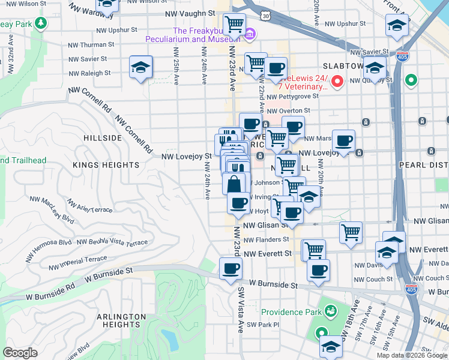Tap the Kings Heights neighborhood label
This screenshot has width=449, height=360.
point(106,164)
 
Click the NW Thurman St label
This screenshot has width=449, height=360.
point(91,44)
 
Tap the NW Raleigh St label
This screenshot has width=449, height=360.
point(89,73)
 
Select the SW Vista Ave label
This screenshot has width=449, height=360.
point(241,309)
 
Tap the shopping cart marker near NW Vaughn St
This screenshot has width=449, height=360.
point(234,25)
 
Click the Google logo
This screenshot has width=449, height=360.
point(20,353)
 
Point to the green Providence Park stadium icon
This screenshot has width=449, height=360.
point(330,311)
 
